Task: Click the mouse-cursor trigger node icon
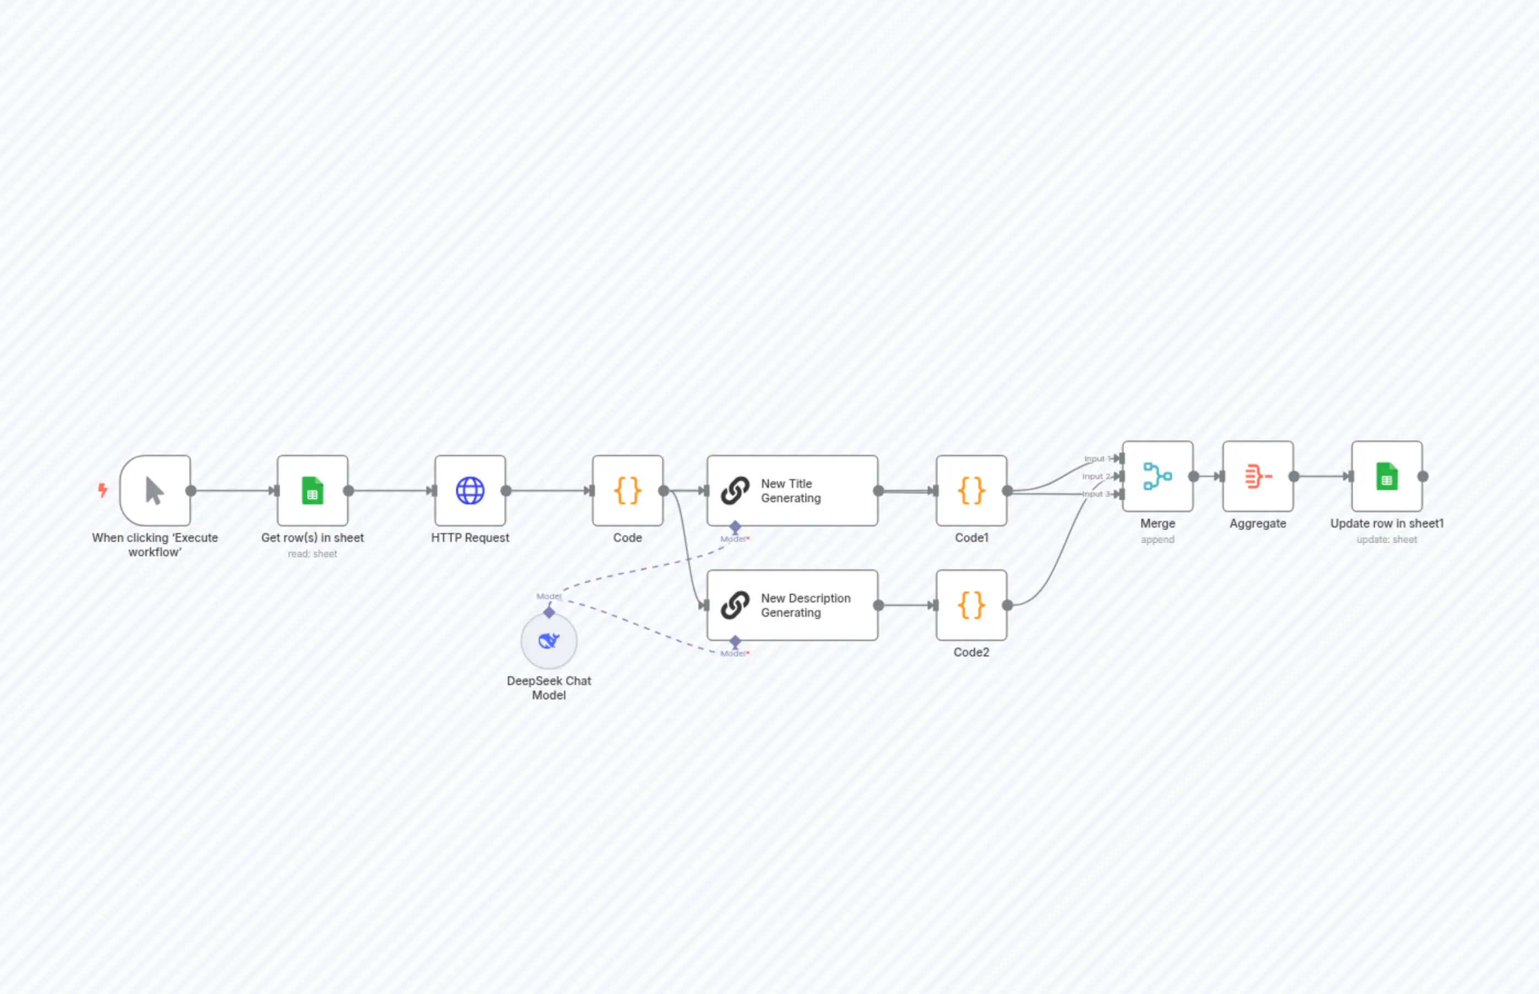coord(154,491)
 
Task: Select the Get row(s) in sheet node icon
coord(312,491)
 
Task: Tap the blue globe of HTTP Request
coord(470,491)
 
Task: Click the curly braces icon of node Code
coord(627,491)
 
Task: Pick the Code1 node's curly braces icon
coord(971,491)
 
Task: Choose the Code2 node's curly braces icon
coord(971,605)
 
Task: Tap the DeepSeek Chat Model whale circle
coord(549,641)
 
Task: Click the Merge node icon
coord(1157,476)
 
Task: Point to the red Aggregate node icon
coord(1258,476)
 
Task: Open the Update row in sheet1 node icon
coord(1386,476)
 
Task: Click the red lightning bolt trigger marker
coord(102,490)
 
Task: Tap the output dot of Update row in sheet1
coord(1423,476)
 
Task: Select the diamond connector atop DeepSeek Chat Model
coord(549,612)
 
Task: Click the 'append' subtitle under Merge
coord(1157,540)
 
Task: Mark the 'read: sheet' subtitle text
coord(312,554)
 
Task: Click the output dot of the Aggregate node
coord(1294,476)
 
